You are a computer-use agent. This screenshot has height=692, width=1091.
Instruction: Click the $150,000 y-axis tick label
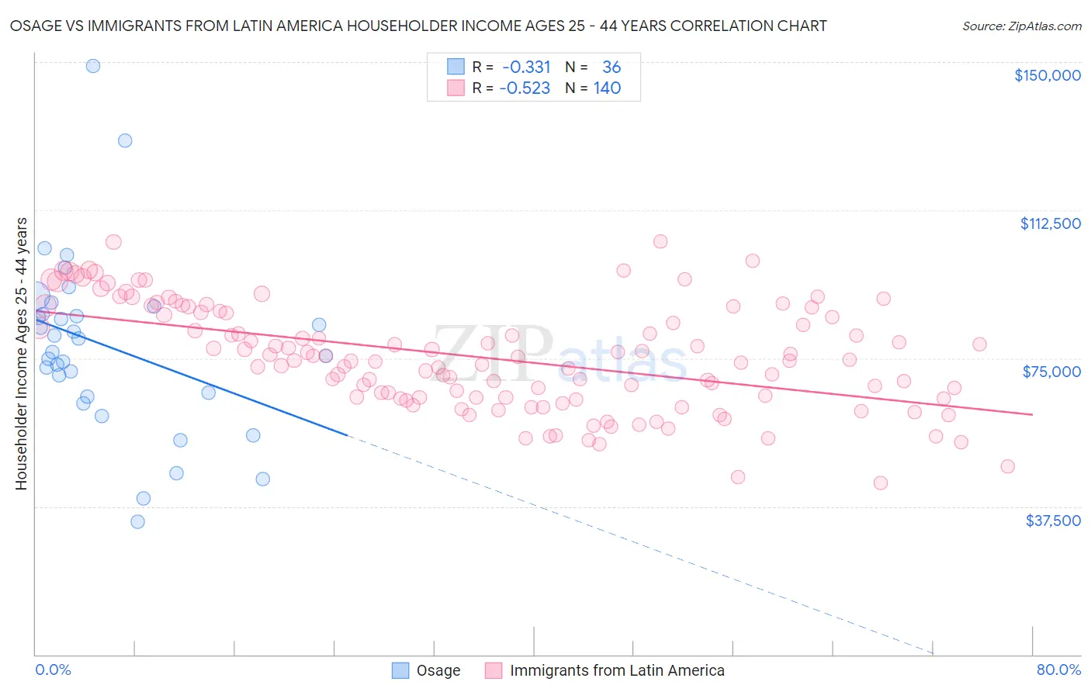coord(1047,75)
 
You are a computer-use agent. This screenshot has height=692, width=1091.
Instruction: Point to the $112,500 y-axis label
coord(1050,223)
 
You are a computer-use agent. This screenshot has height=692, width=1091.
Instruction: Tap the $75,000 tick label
coord(1051,372)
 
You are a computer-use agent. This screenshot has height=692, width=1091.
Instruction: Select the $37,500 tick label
coord(1053,521)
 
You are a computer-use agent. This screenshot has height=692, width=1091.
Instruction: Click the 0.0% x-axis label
coord(53,670)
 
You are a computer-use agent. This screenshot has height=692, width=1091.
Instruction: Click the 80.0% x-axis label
coord(1058,670)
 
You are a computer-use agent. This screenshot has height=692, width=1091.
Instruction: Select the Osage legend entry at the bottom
coord(438,670)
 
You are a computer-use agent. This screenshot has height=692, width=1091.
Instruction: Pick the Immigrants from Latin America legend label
coord(617,670)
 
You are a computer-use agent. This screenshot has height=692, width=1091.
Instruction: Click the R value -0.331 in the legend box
coord(526,67)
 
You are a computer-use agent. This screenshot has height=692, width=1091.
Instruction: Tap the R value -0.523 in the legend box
coord(525,88)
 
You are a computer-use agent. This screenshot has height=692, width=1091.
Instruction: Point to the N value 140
coord(607,88)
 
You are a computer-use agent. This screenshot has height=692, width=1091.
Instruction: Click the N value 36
coord(611,67)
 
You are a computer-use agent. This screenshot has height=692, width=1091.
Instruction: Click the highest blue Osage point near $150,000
coord(93,66)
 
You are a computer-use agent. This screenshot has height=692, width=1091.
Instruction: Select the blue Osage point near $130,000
coord(125,140)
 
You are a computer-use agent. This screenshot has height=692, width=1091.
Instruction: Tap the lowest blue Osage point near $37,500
coord(137,521)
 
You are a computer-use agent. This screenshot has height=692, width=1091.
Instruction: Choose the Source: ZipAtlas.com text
coord(1021,26)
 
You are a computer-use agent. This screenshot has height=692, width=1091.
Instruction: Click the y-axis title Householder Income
coord(21,353)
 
